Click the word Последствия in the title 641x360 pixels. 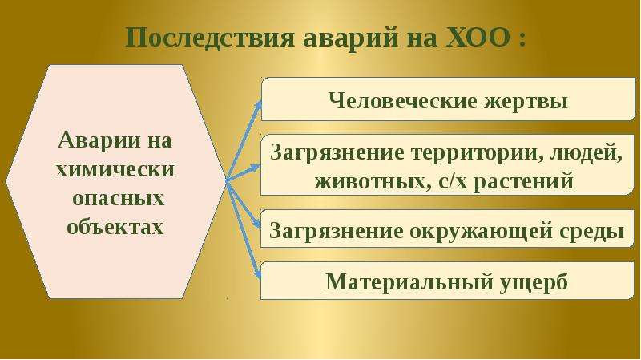[210, 38]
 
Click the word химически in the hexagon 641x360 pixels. [115, 169]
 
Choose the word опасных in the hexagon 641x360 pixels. [118, 199]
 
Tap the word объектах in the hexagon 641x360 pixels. [115, 227]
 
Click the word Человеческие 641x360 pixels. [403, 101]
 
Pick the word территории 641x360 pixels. [477, 153]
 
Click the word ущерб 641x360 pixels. [533, 282]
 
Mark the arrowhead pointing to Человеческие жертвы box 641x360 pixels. [257, 105]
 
